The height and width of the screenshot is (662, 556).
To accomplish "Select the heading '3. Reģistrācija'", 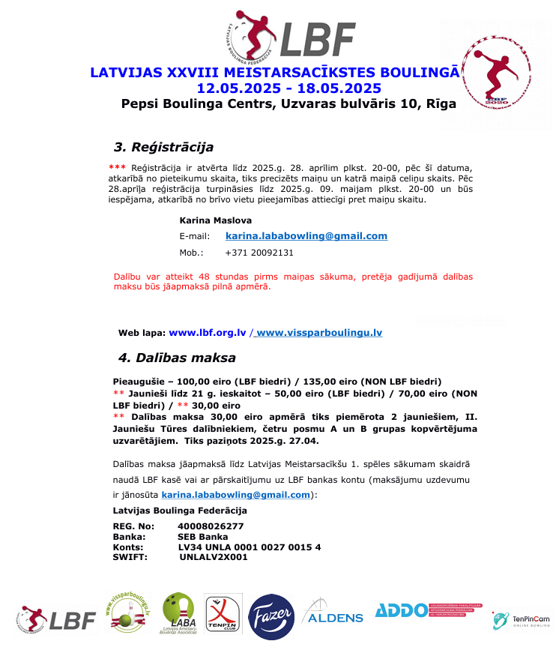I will coord(163,147).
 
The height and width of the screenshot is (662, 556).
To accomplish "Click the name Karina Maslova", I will coord(216,220).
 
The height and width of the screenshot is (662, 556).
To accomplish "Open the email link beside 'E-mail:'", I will coord(306,236).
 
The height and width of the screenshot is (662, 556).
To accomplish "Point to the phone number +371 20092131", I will coord(259,253).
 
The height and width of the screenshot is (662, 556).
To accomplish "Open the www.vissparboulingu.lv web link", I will coord(319,332).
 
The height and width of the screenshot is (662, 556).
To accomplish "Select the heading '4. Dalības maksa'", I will coord(177,358).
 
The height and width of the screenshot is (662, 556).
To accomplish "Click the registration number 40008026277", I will coord(211,526).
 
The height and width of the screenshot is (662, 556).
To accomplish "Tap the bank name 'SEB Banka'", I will coord(203,537).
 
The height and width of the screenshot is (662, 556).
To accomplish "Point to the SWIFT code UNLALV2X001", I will coord(214,557).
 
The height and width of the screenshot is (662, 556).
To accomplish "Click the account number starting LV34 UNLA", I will coord(250,547).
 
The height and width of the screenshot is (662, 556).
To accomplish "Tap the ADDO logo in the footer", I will coord(400,611).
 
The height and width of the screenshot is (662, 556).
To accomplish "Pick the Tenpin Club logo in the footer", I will coord(223,613).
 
